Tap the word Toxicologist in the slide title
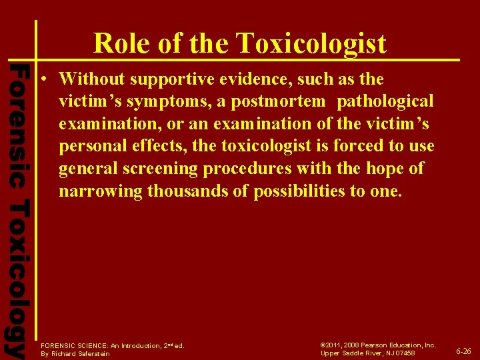311,43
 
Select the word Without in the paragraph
92,79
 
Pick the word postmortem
279,101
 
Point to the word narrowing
100,192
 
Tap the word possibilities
307,192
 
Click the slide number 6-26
463,351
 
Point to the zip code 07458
403,353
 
